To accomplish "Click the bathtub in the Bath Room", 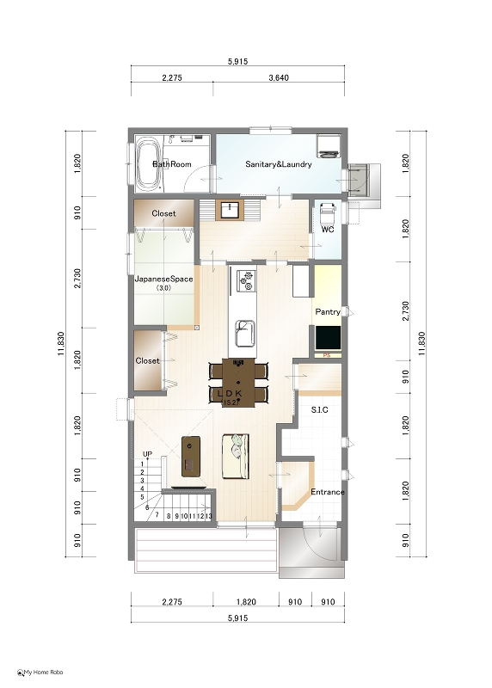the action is (x=147, y=164).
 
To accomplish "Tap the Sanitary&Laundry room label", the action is (x=279, y=164).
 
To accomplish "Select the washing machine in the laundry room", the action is (x=329, y=146).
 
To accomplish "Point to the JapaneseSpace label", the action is (x=163, y=279).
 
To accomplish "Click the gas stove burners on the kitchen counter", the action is (x=246, y=281).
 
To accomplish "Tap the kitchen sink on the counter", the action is (x=245, y=334).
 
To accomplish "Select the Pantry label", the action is (x=328, y=311).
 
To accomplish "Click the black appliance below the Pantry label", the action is (x=328, y=338).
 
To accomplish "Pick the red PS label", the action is (x=327, y=355).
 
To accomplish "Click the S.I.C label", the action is (x=319, y=410).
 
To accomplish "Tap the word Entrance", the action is (x=328, y=492).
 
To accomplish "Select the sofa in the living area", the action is (x=236, y=457).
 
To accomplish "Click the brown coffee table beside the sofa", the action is (x=190, y=457).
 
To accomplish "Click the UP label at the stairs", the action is (x=147, y=454).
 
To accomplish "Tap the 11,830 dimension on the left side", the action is (x=61, y=343).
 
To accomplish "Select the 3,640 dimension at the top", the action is (x=279, y=78).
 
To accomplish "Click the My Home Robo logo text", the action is (x=43, y=673).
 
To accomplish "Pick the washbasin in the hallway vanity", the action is (x=230, y=210).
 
